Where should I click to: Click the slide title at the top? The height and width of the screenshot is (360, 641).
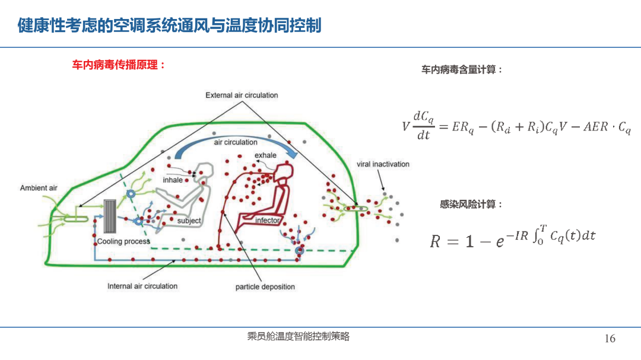[x=169, y=26]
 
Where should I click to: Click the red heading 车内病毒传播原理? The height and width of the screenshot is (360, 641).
[x=119, y=65]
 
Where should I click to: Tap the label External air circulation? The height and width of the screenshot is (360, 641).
[x=242, y=95]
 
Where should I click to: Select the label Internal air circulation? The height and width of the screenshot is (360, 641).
[x=142, y=286]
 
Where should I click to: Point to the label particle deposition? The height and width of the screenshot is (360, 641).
[x=265, y=287]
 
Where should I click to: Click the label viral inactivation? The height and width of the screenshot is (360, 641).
[x=383, y=164]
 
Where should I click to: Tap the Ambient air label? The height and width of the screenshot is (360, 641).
[x=39, y=188]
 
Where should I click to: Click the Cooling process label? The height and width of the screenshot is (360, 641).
[x=123, y=241]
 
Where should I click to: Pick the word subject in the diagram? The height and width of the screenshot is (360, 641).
[x=189, y=221]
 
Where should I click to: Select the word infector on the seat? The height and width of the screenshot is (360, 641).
[x=267, y=221]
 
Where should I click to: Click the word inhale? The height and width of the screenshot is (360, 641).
[x=173, y=180]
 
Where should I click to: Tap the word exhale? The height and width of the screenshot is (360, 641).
[x=265, y=155]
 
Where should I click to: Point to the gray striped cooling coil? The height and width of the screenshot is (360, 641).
[x=110, y=216]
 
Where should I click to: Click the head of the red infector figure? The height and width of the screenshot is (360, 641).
[x=284, y=171]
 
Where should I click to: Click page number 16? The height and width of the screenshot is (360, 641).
[x=610, y=338]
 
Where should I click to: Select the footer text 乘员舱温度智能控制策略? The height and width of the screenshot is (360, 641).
[x=298, y=336]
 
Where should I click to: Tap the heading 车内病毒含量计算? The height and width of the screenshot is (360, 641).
[x=462, y=70]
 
